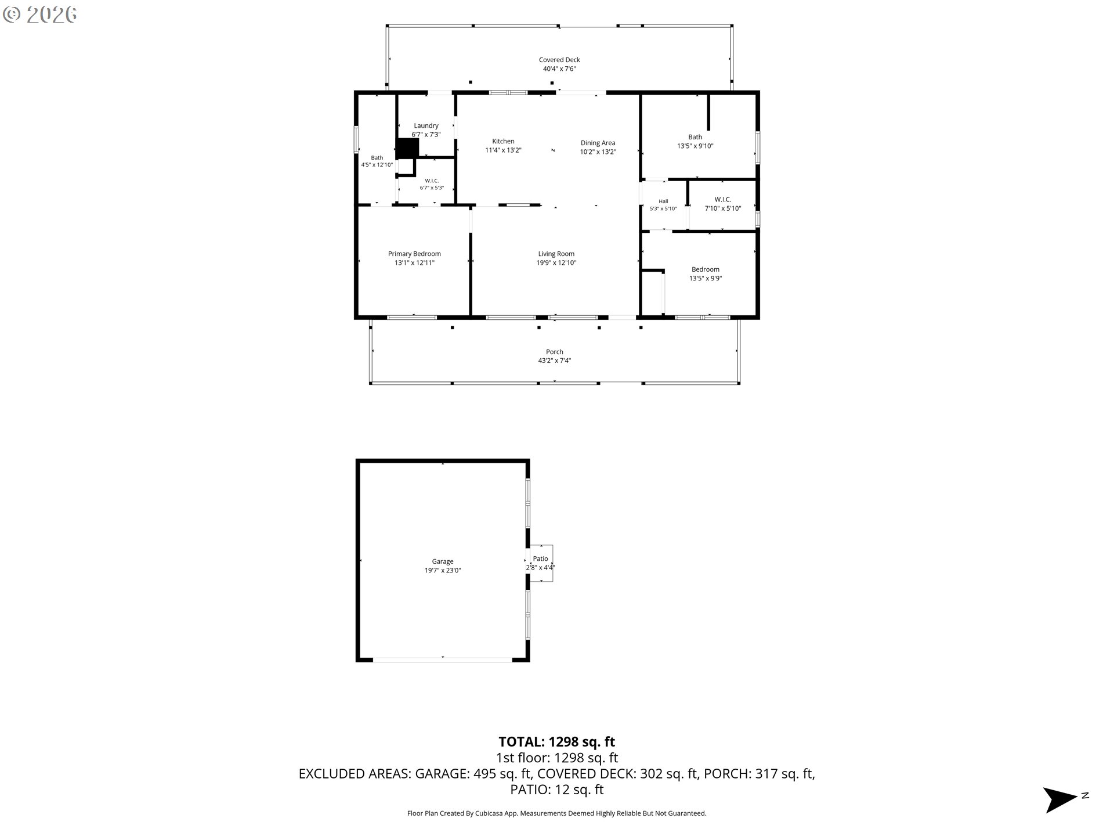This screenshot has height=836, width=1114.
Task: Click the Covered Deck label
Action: click(559, 60)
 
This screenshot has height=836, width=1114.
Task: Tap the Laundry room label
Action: click(426, 126)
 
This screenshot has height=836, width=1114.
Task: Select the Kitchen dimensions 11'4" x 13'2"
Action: click(503, 150)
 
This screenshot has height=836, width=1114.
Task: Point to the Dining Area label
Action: click(598, 143)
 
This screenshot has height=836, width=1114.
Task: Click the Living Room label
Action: click(556, 254)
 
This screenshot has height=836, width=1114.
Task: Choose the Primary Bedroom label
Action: click(414, 254)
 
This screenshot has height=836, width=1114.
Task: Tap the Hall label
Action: click(663, 201)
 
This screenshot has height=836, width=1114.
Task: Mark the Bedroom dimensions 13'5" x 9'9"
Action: click(706, 279)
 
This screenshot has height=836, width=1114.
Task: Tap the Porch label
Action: click(554, 352)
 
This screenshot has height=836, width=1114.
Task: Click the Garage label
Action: click(442, 561)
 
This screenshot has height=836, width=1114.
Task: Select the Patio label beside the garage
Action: click(540, 558)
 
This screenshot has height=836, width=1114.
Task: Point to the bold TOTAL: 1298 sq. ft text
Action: click(556, 742)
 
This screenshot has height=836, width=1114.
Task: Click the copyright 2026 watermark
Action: click(39, 15)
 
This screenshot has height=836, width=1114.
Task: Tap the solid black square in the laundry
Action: click(407, 148)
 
